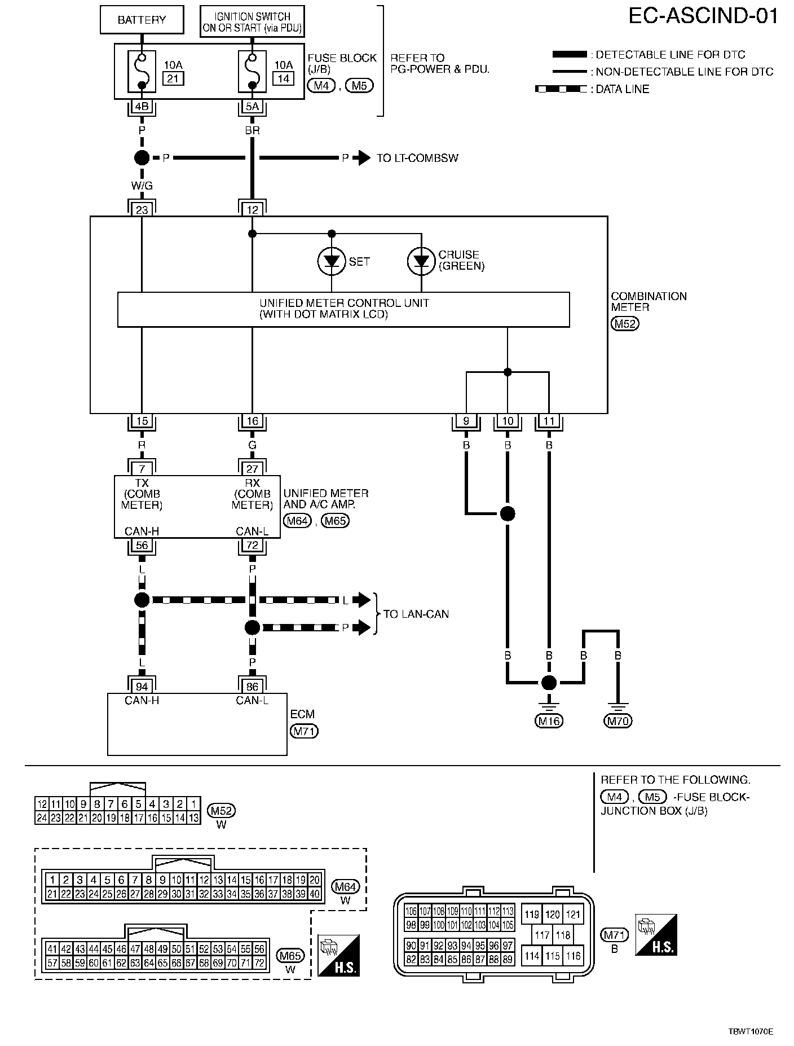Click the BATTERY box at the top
[142, 20]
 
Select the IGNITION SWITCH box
[252, 22]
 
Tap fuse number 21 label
[173, 78]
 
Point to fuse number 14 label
[283, 78]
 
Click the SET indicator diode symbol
[331, 261]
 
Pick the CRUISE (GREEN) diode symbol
[421, 261]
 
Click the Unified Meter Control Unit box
[343, 309]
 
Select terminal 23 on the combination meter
[142, 210]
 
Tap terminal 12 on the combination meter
[252, 210]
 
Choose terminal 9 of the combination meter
[466, 421]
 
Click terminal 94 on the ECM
[142, 687]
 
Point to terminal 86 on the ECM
[252, 687]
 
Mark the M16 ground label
[549, 720]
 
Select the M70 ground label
[617, 720]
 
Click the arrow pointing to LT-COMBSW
[361, 158]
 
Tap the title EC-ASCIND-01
[703, 16]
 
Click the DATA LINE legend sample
[561, 89]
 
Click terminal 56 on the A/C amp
[142, 545]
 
